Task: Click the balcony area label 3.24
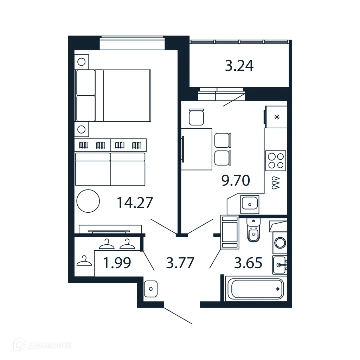coord(239,66)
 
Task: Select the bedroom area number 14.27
coord(135,203)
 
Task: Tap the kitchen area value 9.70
coord(235,180)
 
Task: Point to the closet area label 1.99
coord(117,263)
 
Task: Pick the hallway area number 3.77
coord(180,263)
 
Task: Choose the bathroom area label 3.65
coord(248,263)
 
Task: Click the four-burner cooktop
coord(276,160)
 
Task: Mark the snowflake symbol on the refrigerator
coord(277,117)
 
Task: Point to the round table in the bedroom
coord(88,201)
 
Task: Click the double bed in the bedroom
coord(113,95)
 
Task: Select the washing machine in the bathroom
coord(280,243)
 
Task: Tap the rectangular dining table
coord(197,149)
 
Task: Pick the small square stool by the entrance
coord(150,289)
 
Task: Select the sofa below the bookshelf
coord(110,169)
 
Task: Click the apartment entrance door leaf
coord(178,316)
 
